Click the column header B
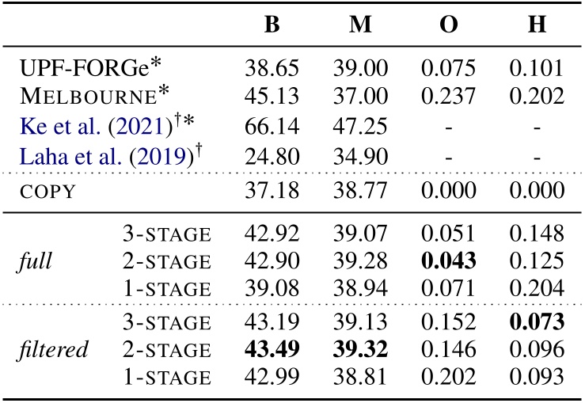272,25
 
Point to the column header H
538,25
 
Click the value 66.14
271,125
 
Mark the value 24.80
271,153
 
